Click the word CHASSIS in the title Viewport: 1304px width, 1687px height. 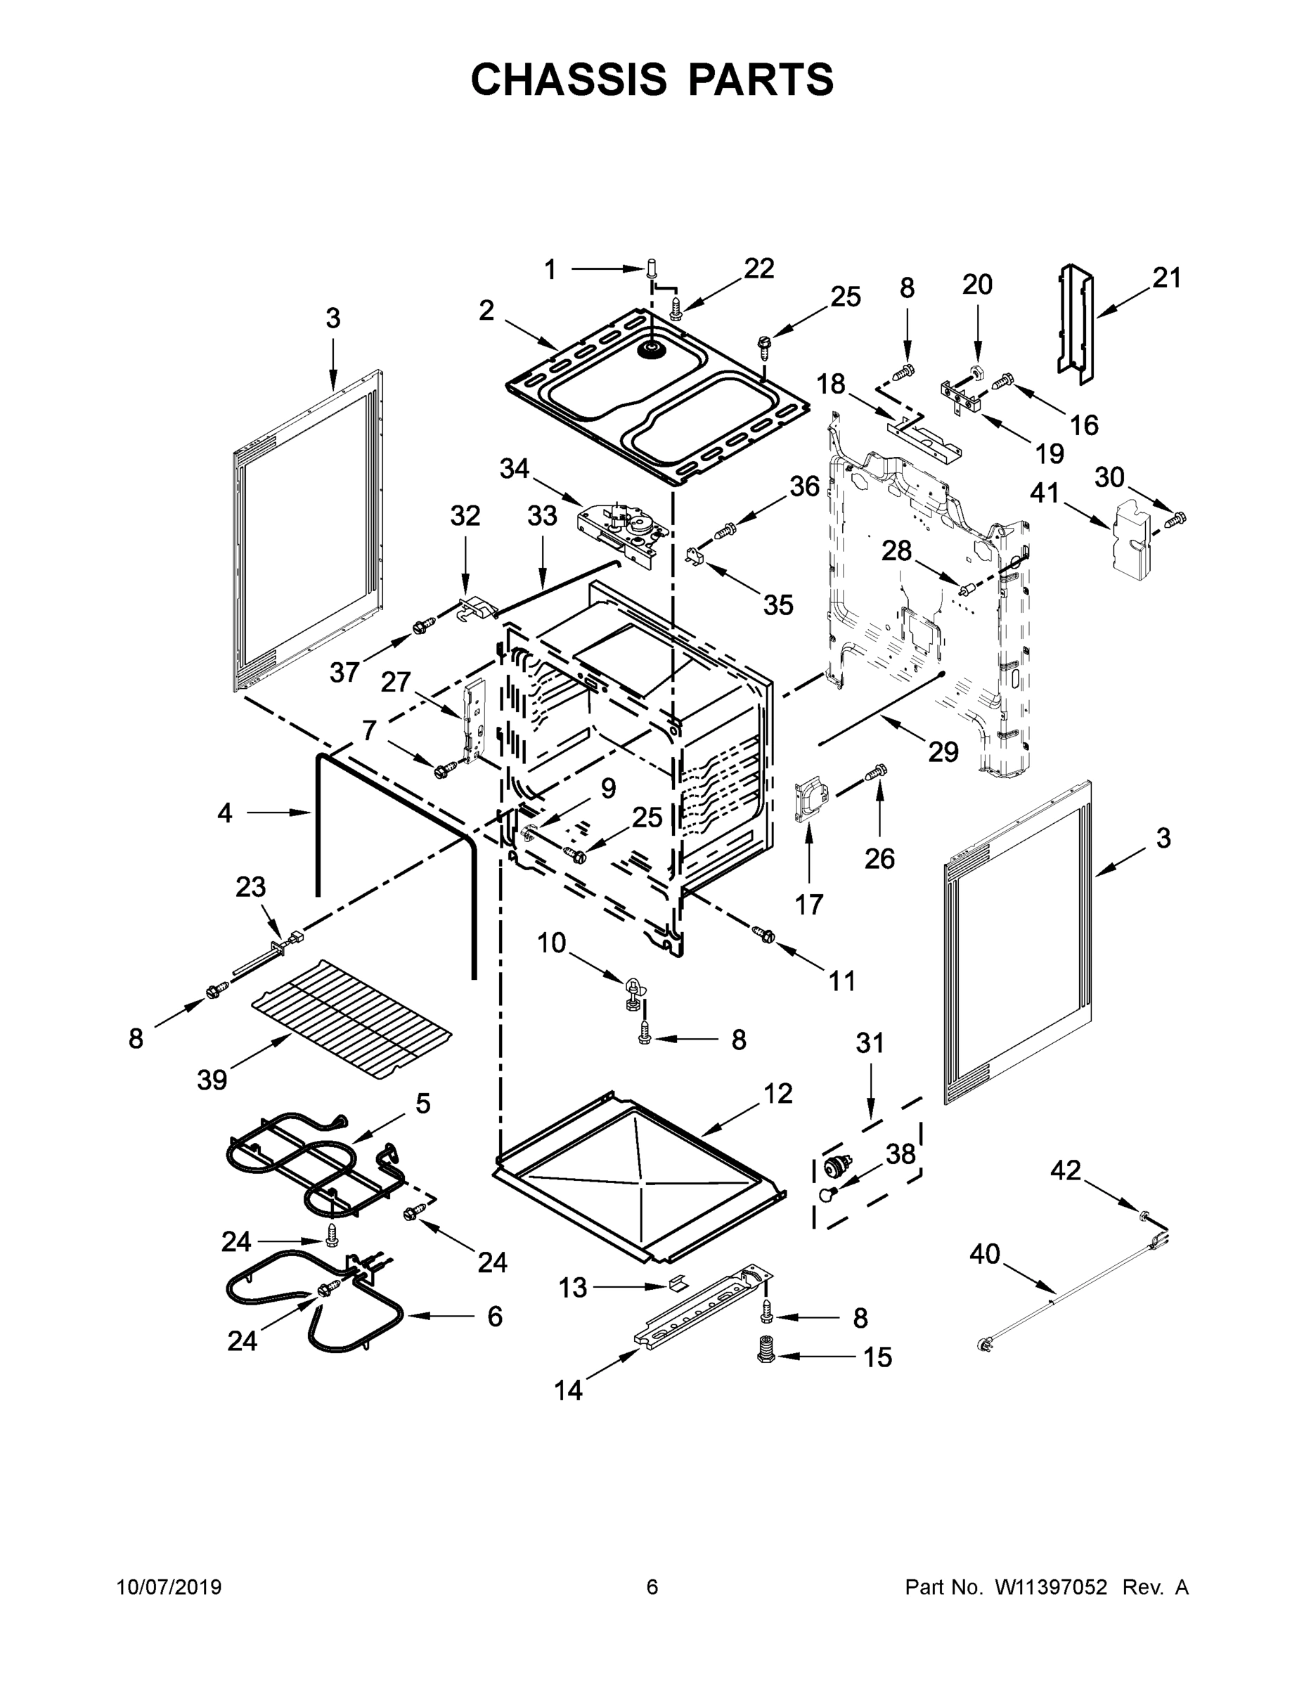[x=569, y=79]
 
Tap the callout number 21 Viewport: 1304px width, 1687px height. [x=1166, y=278]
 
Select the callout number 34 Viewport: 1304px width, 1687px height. [x=515, y=468]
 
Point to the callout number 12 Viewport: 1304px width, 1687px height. [x=778, y=1093]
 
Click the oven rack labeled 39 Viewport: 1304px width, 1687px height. [x=352, y=1020]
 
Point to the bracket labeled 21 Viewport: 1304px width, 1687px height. [x=1076, y=325]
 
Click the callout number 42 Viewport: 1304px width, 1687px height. [x=1066, y=1170]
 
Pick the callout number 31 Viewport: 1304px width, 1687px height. [x=870, y=1043]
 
